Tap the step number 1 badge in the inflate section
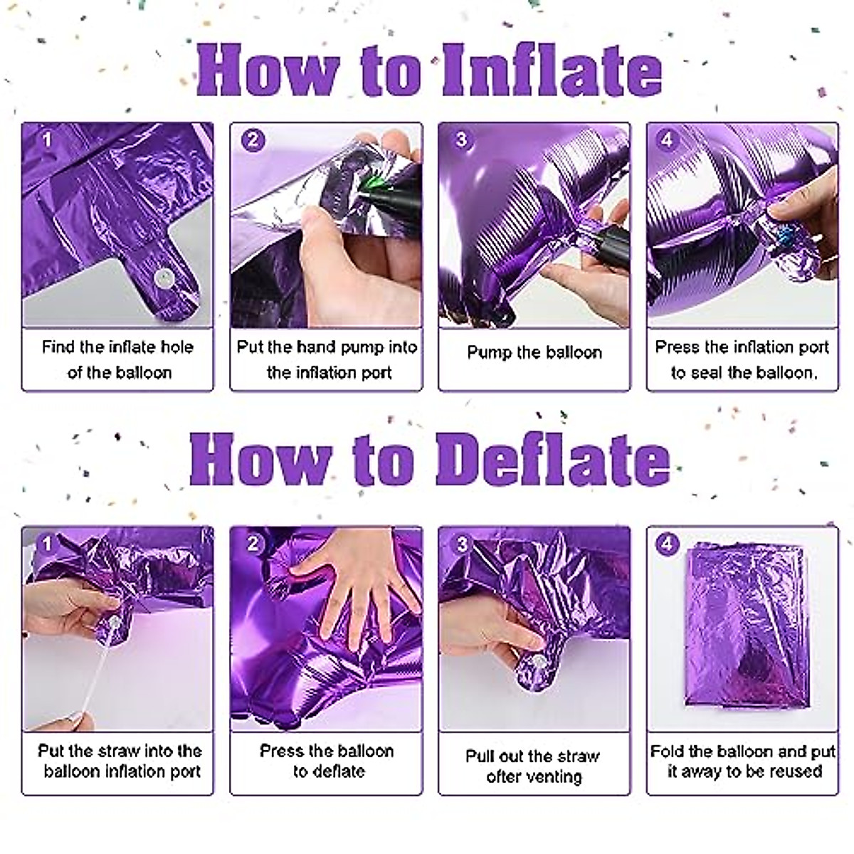click(x=46, y=139)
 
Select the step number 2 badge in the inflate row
click(x=253, y=139)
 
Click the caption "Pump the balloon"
click(x=534, y=352)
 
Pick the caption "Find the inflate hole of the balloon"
click(x=117, y=359)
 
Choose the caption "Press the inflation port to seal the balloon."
click(x=742, y=359)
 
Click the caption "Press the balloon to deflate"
click(x=327, y=761)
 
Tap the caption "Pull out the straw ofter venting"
click(x=534, y=766)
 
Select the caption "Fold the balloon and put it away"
click(x=742, y=761)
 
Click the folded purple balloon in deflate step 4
click(x=742, y=633)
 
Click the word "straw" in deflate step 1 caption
click(x=118, y=751)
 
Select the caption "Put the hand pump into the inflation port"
click(x=327, y=359)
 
